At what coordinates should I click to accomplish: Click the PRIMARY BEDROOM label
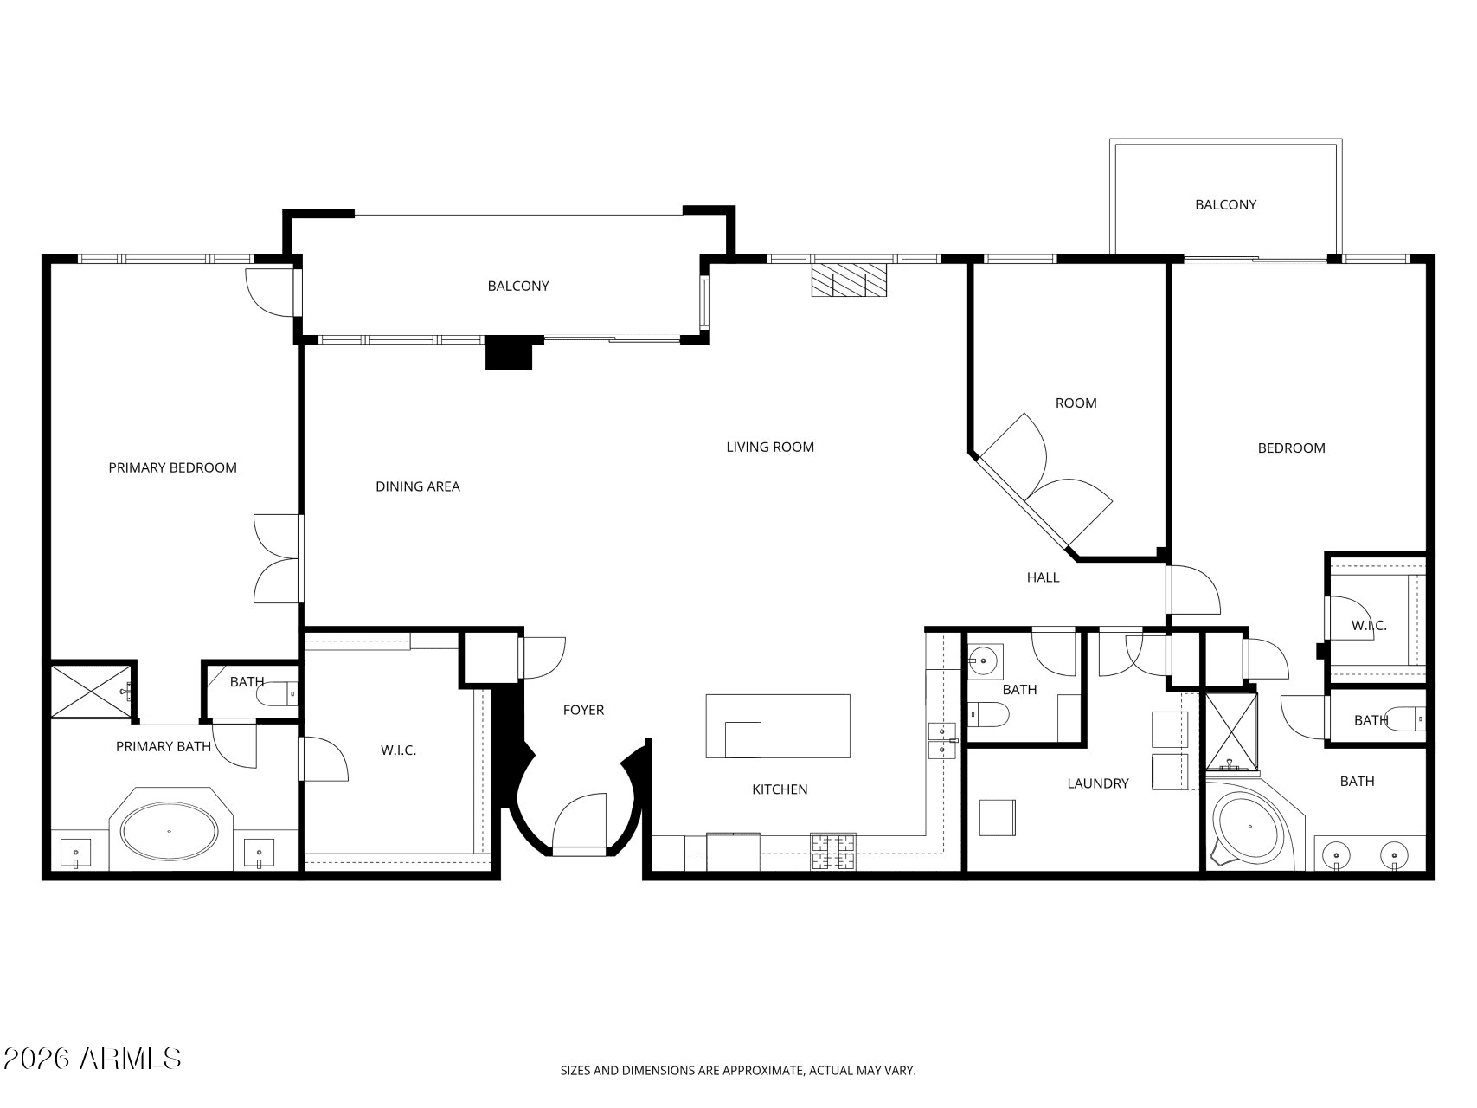click(172, 467)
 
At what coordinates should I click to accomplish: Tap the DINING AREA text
click(418, 486)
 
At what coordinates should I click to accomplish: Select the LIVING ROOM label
click(770, 447)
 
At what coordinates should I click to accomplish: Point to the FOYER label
click(583, 710)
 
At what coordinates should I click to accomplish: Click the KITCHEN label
click(780, 789)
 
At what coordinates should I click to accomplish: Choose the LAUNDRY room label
click(1098, 783)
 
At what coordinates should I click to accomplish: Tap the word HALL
click(1043, 577)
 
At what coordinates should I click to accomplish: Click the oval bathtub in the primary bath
click(169, 831)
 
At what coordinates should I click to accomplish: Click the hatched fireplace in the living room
click(850, 280)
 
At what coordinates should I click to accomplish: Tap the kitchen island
click(778, 726)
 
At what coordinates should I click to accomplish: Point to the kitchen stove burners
click(833, 852)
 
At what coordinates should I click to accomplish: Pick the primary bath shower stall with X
click(92, 691)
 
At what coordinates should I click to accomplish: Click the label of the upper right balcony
click(1225, 205)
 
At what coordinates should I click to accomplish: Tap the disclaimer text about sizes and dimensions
click(738, 1071)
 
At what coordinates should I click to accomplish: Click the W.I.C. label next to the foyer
click(398, 750)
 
